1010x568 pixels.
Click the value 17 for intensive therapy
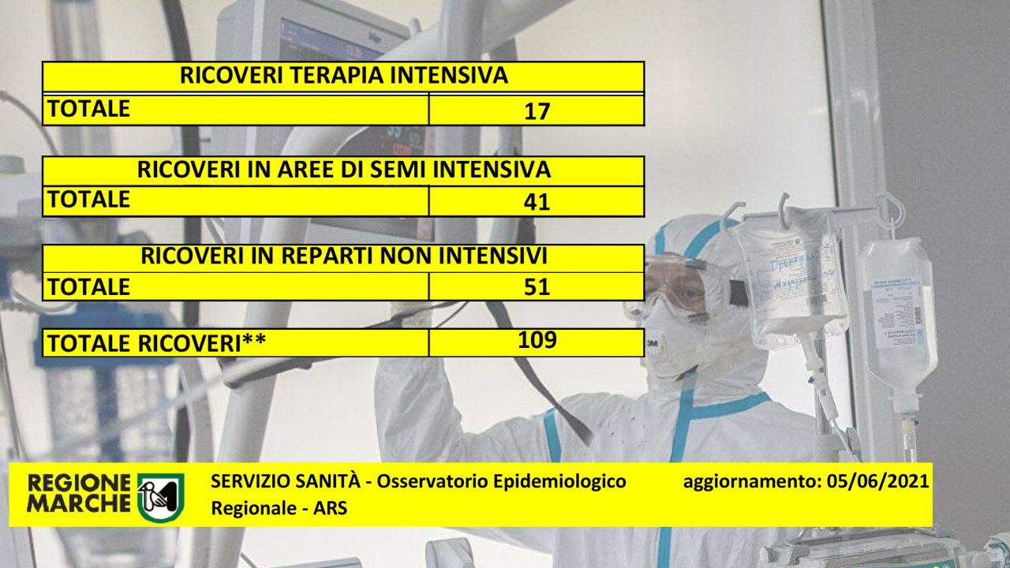tap(537, 111)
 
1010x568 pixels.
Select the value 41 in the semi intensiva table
tap(537, 202)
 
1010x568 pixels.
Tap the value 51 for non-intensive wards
tap(537, 286)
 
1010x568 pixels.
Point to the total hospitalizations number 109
tap(537, 340)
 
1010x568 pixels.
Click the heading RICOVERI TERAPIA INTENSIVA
tap(343, 75)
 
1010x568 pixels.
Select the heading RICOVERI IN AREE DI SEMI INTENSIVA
tap(343, 170)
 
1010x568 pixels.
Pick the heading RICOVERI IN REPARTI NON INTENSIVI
tap(343, 256)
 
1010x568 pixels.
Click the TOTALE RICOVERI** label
tap(156, 343)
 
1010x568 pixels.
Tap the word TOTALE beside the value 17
tap(89, 109)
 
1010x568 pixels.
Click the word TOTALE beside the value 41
tap(89, 200)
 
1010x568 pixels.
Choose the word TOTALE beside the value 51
tap(89, 286)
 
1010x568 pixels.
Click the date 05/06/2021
tap(878, 481)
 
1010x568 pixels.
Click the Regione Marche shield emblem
tap(160, 498)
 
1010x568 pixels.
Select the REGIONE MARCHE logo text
tap(79, 493)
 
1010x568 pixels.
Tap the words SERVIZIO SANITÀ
tap(286, 481)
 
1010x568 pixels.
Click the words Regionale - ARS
tap(279, 509)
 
